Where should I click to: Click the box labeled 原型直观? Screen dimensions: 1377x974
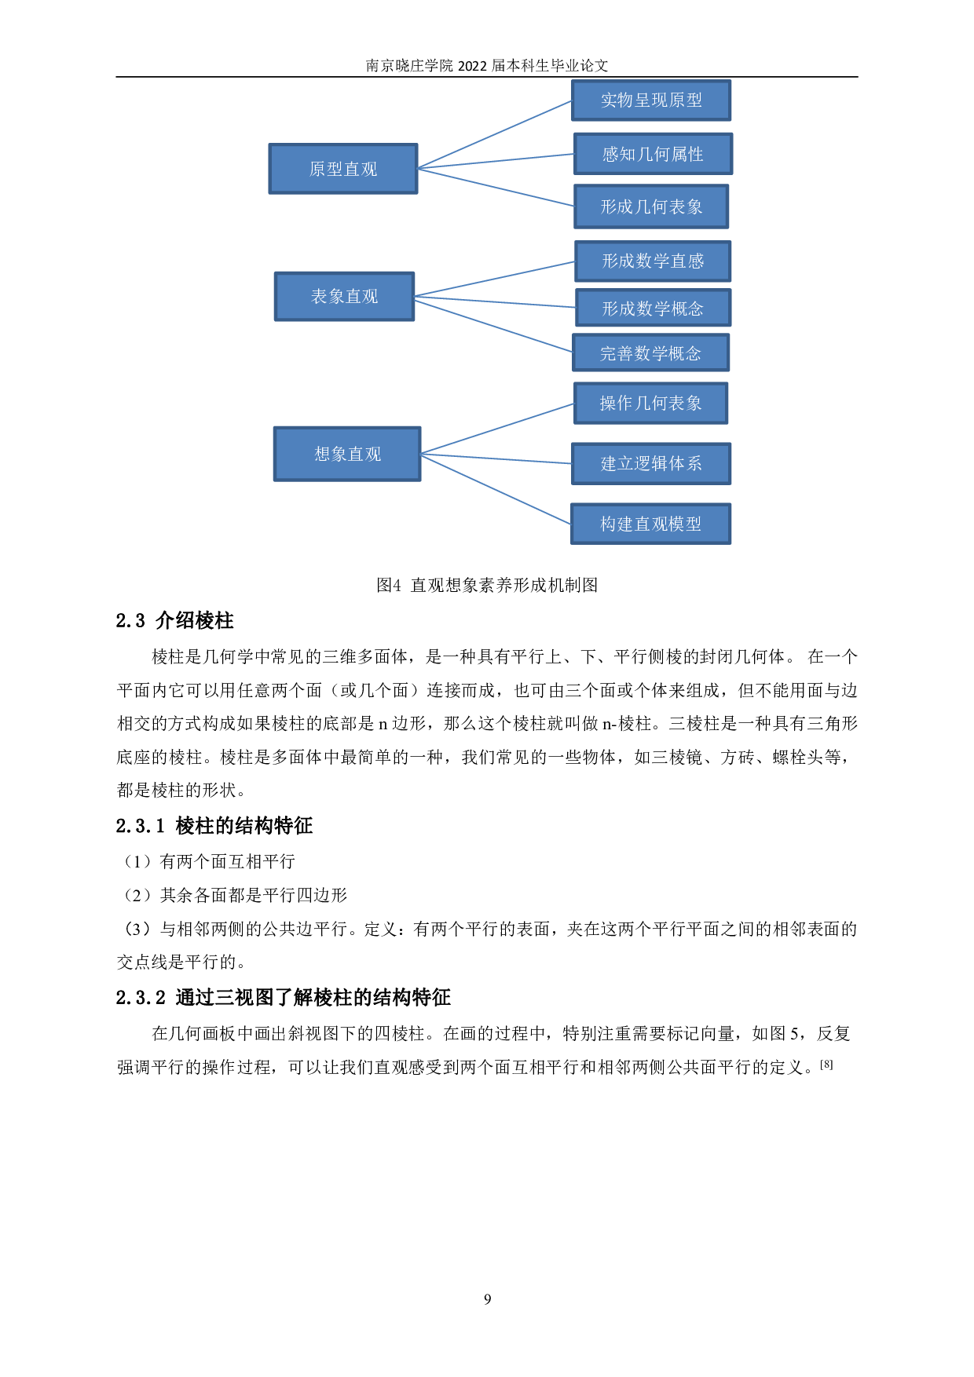point(343,169)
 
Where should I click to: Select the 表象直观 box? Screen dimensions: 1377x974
point(344,296)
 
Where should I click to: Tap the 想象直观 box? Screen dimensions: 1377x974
point(347,454)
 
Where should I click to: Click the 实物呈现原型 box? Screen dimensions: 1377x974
point(651,100)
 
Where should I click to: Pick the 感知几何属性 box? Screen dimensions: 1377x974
point(653,154)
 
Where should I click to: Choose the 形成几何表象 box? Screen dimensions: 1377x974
point(651,206)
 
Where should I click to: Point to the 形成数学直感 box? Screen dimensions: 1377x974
point(653,261)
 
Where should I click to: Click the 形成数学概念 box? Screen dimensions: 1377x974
point(653,309)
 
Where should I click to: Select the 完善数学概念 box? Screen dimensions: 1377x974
point(650,353)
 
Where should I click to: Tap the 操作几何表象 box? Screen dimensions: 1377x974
point(650,403)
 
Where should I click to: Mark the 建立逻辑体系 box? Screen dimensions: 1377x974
point(651,463)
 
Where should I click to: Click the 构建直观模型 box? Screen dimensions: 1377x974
point(650,524)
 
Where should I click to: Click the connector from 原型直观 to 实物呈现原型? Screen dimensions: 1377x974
point(495,134)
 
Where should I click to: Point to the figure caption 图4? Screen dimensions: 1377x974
point(487,585)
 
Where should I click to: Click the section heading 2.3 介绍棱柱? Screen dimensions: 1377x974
point(174,621)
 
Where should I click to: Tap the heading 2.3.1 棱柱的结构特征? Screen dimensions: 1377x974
point(214,826)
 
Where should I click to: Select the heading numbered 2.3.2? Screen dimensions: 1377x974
point(283,998)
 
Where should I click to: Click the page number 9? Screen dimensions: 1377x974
point(487,1300)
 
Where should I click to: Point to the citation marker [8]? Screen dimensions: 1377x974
point(826,1065)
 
